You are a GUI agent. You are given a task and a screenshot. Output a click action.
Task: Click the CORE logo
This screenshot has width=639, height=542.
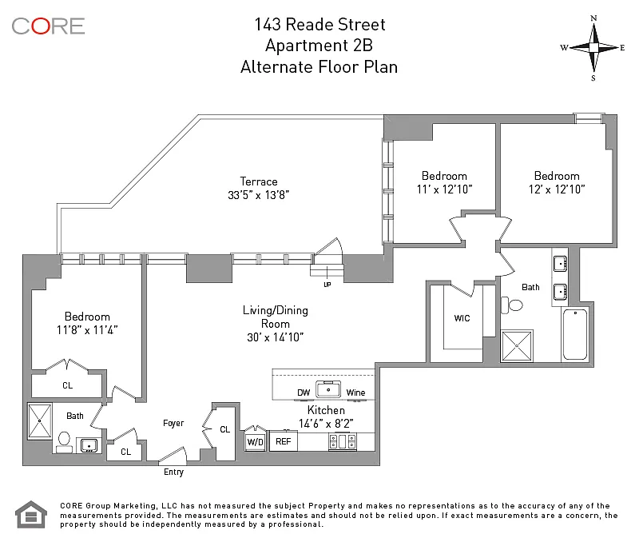[48, 26]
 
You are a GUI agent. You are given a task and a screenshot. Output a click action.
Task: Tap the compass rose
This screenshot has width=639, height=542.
[593, 48]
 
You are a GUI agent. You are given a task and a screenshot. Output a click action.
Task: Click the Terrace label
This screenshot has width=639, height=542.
[258, 181]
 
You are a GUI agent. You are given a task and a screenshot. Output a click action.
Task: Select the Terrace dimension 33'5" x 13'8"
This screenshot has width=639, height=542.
[258, 195]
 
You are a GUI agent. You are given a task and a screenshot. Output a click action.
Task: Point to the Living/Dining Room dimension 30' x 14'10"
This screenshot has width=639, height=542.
[276, 337]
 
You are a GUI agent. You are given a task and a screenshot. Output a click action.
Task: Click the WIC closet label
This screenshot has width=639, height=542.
[462, 318]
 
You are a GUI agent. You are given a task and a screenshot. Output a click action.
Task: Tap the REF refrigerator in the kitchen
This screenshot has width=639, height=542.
[284, 440]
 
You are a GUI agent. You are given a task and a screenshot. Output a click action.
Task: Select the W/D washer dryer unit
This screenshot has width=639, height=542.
[255, 441]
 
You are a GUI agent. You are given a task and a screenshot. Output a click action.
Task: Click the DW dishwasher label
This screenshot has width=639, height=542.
[304, 393]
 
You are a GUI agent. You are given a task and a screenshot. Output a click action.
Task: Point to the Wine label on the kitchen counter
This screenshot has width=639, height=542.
[355, 393]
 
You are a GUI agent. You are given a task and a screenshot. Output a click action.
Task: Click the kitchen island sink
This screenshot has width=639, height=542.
[328, 389]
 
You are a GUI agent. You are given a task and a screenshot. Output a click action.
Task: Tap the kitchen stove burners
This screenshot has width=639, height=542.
[343, 441]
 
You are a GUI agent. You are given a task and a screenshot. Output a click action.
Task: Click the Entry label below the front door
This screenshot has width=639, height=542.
[173, 472]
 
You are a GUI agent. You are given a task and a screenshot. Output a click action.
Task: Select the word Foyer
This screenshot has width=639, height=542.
[173, 424]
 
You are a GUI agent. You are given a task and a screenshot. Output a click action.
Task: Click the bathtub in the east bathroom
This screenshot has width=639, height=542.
[575, 334]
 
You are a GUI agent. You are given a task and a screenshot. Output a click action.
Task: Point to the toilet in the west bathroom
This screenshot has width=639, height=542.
[64, 442]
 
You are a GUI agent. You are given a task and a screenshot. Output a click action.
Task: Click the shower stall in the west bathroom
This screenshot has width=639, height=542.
[39, 420]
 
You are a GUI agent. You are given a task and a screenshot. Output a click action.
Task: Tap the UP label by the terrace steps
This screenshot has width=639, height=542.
[327, 285]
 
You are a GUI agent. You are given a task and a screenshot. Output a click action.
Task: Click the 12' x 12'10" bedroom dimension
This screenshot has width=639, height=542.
[557, 189]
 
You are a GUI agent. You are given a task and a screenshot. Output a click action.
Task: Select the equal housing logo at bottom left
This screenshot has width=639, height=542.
[31, 514]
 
